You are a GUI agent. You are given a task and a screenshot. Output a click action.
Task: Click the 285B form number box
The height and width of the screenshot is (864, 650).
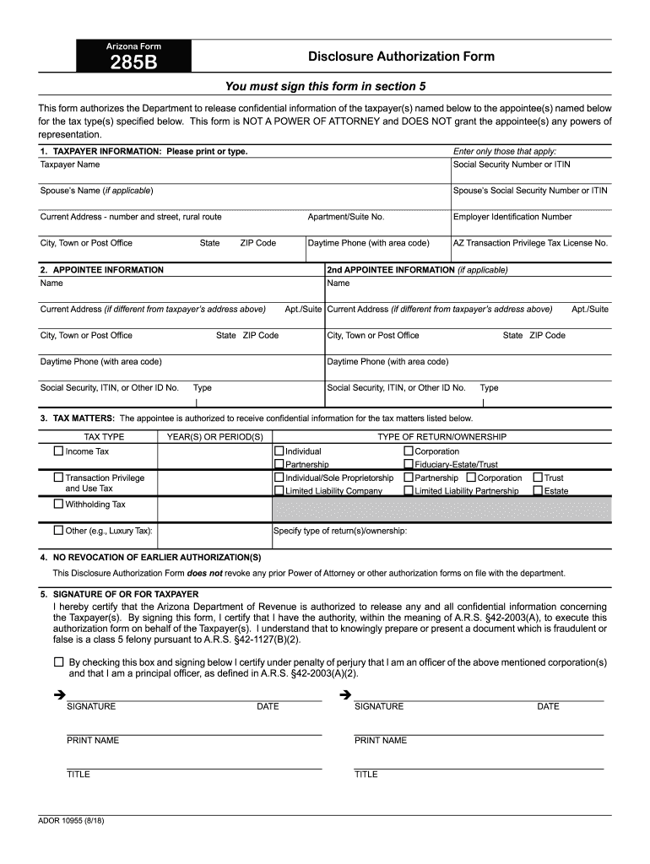pyautogui.click(x=134, y=56)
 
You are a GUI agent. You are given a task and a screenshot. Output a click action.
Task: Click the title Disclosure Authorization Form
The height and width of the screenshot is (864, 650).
pyautogui.click(x=401, y=57)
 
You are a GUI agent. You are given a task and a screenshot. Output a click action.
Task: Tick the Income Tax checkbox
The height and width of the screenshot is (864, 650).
pyautogui.click(x=58, y=451)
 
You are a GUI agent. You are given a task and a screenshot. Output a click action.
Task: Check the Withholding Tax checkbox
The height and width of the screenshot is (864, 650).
pyautogui.click(x=58, y=504)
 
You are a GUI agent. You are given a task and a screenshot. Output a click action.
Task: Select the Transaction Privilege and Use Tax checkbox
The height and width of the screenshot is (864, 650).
pyautogui.click(x=58, y=478)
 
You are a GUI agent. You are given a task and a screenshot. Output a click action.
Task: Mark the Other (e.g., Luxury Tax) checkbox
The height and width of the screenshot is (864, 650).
pyautogui.click(x=58, y=531)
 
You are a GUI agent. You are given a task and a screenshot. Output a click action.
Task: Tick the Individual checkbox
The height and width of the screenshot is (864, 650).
pyautogui.click(x=279, y=451)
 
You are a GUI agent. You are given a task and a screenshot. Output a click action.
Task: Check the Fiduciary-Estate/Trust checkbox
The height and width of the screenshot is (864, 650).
pyautogui.click(x=409, y=464)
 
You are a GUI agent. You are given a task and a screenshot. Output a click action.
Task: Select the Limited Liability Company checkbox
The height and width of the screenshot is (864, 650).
pyautogui.click(x=279, y=490)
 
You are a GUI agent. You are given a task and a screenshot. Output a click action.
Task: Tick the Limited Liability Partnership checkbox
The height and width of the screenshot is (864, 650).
pyautogui.click(x=409, y=490)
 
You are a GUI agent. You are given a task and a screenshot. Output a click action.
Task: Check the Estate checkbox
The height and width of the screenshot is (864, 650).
pyautogui.click(x=538, y=490)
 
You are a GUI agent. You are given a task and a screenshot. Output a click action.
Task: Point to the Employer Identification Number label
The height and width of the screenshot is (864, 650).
pyautogui.click(x=512, y=217)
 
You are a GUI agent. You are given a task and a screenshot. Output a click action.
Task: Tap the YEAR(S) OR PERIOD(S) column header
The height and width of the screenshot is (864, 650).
pyautogui.click(x=214, y=437)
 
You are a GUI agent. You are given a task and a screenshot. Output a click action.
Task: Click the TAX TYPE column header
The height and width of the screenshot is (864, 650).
pyautogui.click(x=104, y=437)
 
